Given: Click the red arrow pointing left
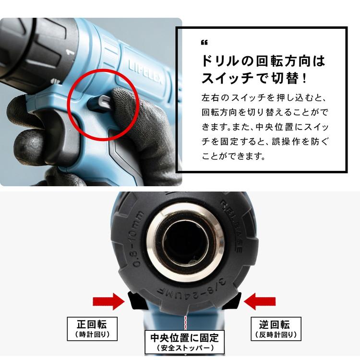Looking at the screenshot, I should click(x=260, y=301).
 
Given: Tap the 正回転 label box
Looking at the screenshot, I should click(x=92, y=329).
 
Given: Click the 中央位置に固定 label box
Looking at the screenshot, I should click(x=185, y=342).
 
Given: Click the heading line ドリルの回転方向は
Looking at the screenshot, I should click(x=263, y=61).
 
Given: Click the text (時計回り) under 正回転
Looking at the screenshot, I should click(x=92, y=334).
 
